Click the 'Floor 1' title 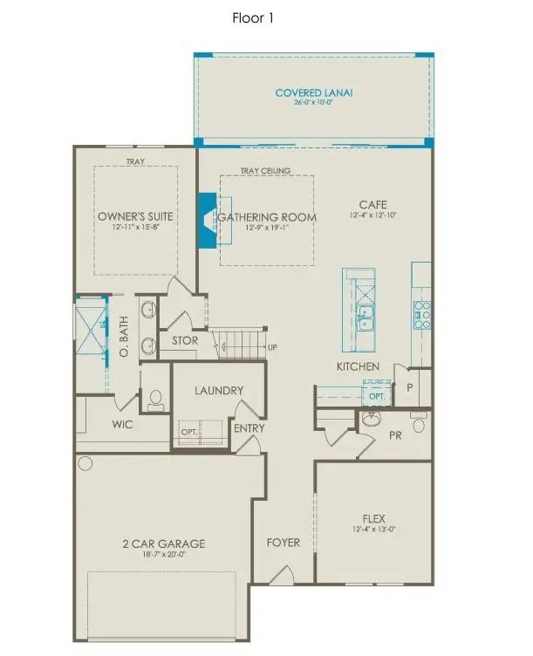[254, 17]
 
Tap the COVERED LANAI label [311, 92]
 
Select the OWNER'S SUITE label [135, 215]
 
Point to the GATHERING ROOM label [266, 216]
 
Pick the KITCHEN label [359, 366]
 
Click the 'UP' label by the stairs [272, 348]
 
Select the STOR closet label [185, 340]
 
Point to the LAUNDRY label [218, 392]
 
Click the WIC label [122, 425]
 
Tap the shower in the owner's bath [89, 325]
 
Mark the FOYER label [283, 543]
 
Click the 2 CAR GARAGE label [164, 543]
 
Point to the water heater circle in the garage [85, 462]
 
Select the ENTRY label [243, 428]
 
